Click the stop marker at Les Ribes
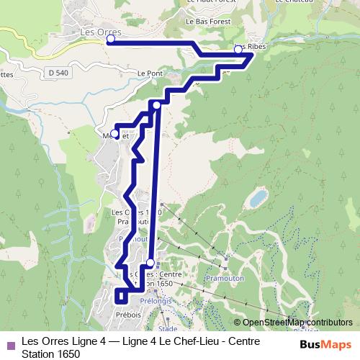coord(238,50)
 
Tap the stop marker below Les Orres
coord(110,40)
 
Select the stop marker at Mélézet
coord(114,134)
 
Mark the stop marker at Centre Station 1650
coord(150,263)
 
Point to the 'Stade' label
coord(167,328)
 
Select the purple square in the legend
coord(10,343)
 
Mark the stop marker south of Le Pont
coord(157,105)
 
